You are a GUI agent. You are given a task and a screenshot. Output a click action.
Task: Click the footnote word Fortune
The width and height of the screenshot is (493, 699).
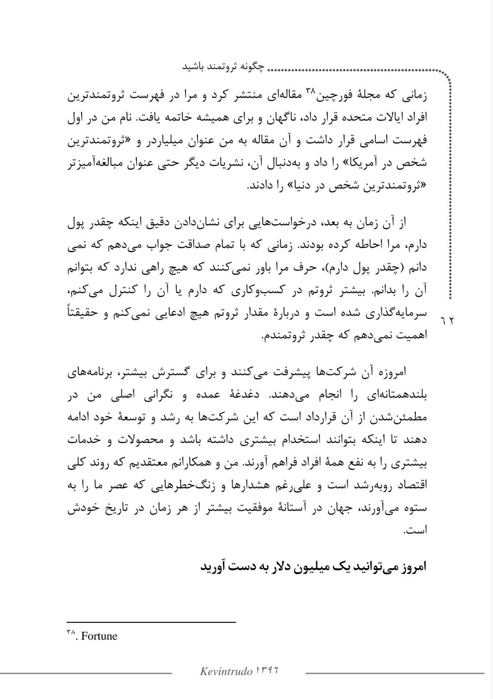[99, 636]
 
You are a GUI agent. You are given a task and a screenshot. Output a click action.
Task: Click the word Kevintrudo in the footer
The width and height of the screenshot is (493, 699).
[226, 671]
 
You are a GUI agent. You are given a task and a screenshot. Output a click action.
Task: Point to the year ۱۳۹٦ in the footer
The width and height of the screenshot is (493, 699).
[268, 670]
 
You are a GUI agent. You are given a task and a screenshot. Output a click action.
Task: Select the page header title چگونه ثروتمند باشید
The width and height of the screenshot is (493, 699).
[224, 67]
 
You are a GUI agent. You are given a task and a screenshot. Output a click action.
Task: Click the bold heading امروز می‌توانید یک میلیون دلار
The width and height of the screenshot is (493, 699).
[314, 567]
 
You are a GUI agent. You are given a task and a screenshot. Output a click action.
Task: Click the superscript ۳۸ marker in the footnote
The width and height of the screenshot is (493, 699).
[71, 633]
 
